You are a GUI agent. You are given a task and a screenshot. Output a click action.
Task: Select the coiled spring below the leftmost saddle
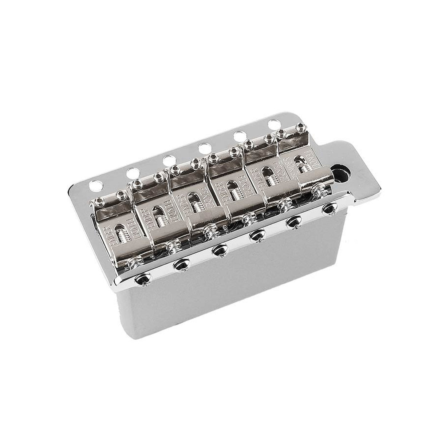139,262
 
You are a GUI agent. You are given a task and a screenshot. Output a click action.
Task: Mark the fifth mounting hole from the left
239,136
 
